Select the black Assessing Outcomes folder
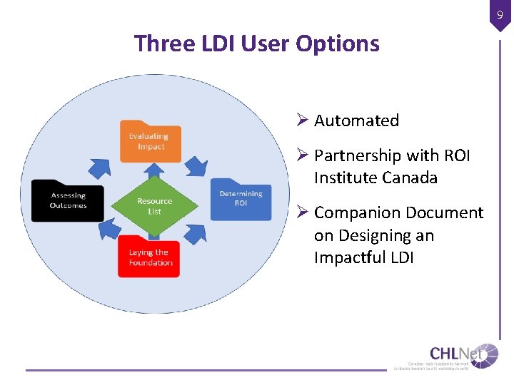pos(67,200)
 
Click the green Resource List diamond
pos(154,206)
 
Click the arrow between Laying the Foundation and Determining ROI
pos(198,232)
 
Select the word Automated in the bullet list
pos(356,121)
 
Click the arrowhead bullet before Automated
pos(303,120)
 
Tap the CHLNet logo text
pos(453,354)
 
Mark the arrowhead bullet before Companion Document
pos(303,212)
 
